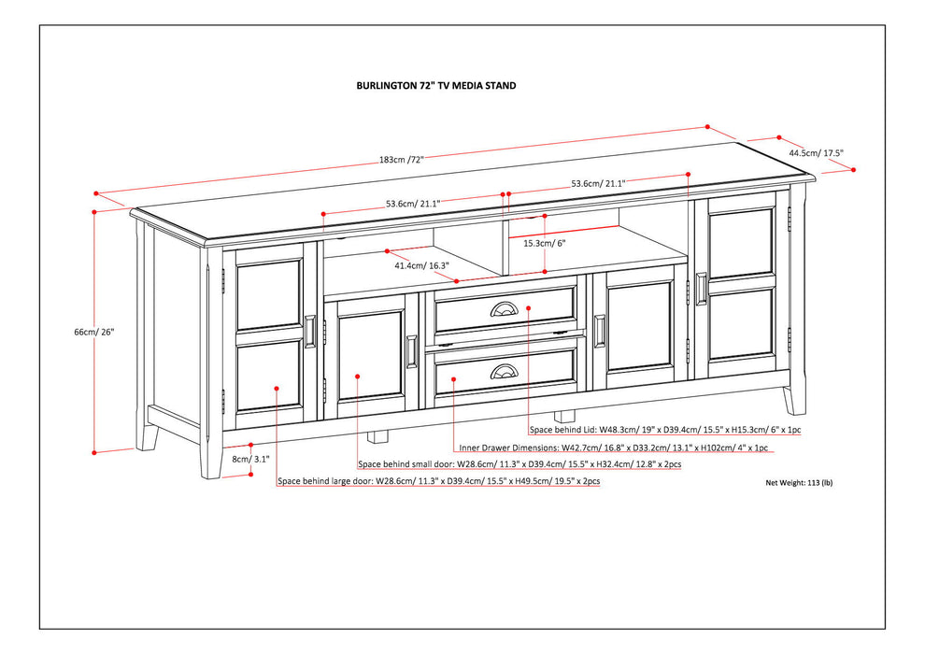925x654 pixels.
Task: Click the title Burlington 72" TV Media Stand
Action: (x=436, y=86)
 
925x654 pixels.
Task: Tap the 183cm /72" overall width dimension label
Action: (x=401, y=159)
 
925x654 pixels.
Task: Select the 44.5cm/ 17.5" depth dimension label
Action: (x=817, y=152)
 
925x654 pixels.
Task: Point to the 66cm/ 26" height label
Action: (x=93, y=332)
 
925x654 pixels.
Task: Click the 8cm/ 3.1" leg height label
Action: (x=250, y=459)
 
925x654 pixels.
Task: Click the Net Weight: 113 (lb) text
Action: (x=800, y=482)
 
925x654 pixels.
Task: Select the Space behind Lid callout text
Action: (x=665, y=430)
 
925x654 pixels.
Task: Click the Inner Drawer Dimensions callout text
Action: (x=614, y=448)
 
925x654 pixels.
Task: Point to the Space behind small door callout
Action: (x=519, y=464)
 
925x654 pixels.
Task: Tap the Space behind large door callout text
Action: (x=439, y=481)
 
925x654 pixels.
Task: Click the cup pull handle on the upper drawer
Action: (x=504, y=309)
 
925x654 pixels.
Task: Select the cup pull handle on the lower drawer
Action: (x=504, y=371)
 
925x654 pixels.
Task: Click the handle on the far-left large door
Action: (x=310, y=332)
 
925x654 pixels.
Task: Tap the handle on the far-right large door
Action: (x=701, y=288)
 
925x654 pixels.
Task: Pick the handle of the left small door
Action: (x=412, y=352)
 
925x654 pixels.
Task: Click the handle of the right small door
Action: (x=599, y=331)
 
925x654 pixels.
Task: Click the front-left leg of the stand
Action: (x=211, y=459)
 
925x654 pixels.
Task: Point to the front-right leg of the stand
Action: (x=794, y=399)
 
